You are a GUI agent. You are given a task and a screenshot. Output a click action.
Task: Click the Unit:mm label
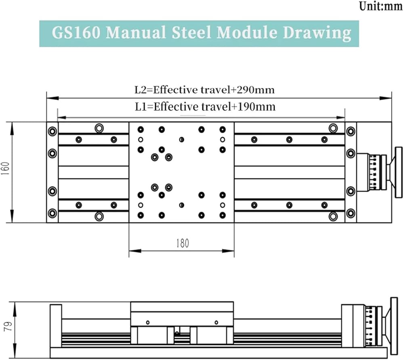coord(381,6)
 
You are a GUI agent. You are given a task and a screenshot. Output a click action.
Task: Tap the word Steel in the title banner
coord(191,32)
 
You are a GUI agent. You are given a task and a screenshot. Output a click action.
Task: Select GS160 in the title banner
coord(76,33)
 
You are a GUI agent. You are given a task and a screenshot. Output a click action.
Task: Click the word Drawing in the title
coord(317,33)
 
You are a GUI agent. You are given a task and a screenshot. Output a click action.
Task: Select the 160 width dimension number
coord(6,168)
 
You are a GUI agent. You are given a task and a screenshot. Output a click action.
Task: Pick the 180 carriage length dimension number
coord(183,243)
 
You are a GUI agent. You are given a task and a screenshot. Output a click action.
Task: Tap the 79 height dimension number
coord(8,326)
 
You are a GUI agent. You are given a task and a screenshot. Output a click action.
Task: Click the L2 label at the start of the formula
coord(141,90)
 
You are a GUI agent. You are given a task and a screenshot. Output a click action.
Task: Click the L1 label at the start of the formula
coord(141,107)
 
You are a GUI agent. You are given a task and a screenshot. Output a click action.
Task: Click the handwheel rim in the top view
coord(399,172)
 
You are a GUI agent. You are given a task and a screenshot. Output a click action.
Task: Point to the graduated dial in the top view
coord(375,172)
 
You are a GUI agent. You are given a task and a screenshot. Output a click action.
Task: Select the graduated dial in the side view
coord(371,326)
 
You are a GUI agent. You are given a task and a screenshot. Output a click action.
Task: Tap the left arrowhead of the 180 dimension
coord(135,251)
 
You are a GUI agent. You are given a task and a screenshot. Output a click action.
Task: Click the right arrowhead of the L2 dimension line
coord(386,98)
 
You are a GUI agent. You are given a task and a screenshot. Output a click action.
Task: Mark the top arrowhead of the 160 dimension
coord(12,128)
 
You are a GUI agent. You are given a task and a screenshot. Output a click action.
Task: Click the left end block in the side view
coord(56,326)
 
